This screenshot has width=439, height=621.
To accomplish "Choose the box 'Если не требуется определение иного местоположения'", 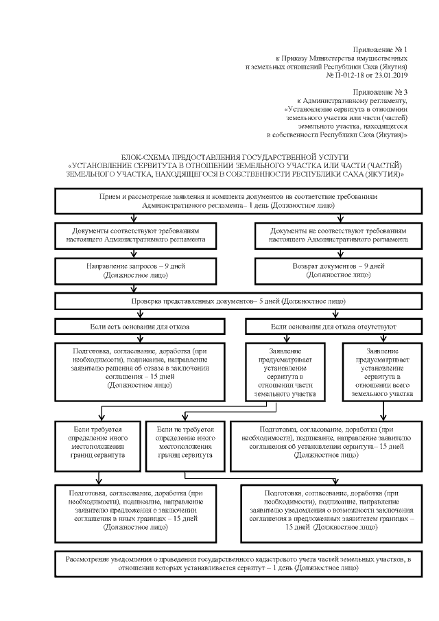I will point(185,441).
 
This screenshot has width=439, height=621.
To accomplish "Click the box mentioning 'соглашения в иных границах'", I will point(139,511).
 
